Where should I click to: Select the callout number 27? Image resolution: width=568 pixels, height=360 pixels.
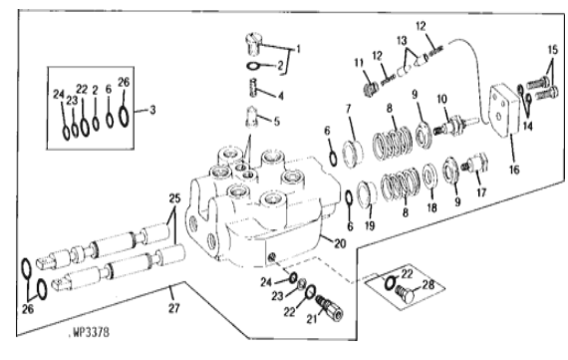coord(173,308)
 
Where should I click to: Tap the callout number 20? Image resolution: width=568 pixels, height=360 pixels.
coord(340,243)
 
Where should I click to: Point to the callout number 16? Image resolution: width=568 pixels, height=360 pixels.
coord(514,169)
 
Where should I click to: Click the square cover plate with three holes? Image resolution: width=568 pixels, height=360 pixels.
coord(504,111)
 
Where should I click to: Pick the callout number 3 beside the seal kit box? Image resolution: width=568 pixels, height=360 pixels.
coord(152,110)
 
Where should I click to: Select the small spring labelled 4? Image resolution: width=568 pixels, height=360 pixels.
coord(253,88)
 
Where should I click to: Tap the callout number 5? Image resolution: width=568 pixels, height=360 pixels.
coord(277,121)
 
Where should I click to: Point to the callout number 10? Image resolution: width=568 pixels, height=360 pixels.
coord(441,99)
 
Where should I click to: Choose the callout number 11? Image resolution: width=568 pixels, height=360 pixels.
coord(359,63)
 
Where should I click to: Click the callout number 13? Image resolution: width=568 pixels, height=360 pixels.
coord(402,40)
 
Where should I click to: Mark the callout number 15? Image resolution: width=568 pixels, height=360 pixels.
coord(553,49)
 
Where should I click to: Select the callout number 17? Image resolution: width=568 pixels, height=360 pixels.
coord(481,192)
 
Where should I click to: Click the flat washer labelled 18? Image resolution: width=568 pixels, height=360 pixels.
coord(429,177)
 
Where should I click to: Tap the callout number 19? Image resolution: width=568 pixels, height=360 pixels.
coord(370,225)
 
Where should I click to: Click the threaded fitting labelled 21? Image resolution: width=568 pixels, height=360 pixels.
coord(329,308)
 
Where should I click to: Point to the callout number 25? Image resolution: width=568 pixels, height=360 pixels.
coord(174,198)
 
